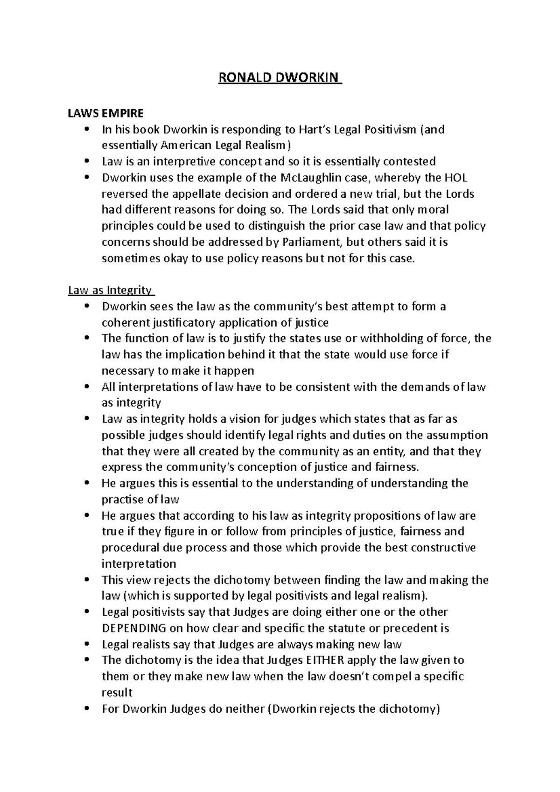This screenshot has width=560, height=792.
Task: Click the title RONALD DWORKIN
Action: click(x=280, y=77)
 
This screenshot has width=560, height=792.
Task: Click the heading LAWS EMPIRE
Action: click(x=106, y=113)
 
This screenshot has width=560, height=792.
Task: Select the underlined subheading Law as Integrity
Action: click(x=110, y=291)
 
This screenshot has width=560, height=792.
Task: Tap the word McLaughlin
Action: click(x=312, y=178)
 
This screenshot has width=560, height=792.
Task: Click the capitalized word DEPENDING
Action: click(x=133, y=628)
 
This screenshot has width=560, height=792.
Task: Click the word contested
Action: click(x=409, y=162)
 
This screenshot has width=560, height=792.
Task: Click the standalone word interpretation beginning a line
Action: click(x=139, y=564)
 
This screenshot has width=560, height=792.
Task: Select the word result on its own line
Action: click(x=117, y=693)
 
